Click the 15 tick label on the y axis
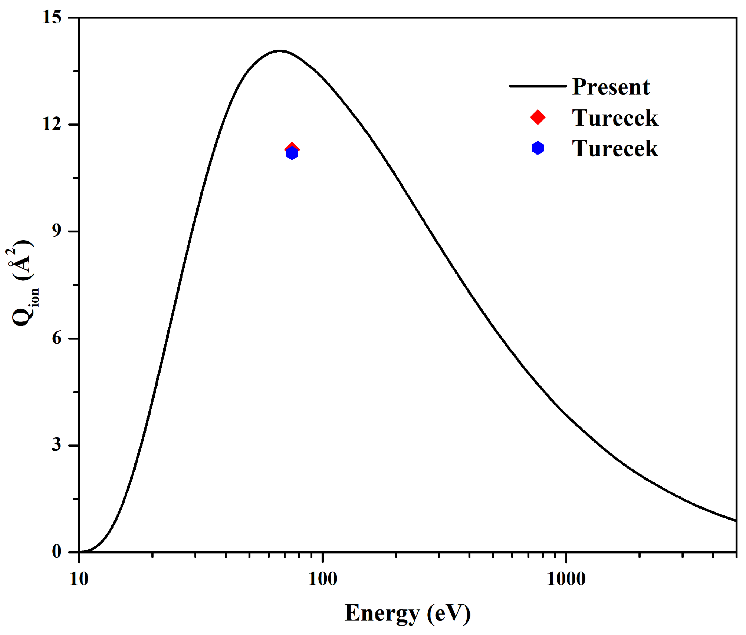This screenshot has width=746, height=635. coord(52,17)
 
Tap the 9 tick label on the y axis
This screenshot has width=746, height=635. coord(56,231)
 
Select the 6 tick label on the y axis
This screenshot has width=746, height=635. coord(56,338)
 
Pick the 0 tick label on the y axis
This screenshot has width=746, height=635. coord(56,552)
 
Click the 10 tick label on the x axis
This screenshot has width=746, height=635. coord(79,579)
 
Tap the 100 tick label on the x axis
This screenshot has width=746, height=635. coord(323,579)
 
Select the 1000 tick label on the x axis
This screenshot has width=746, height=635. coord(566,579)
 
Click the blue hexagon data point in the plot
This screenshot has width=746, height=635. coord(292,153)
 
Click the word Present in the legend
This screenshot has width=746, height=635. coord(611,87)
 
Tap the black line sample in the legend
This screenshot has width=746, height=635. coord(538,86)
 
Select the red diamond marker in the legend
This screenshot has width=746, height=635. coord(538,117)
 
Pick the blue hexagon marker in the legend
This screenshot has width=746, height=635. coord(538,148)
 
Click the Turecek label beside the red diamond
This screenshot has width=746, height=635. coord(615,118)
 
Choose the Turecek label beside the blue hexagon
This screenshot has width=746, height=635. coord(615,149)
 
